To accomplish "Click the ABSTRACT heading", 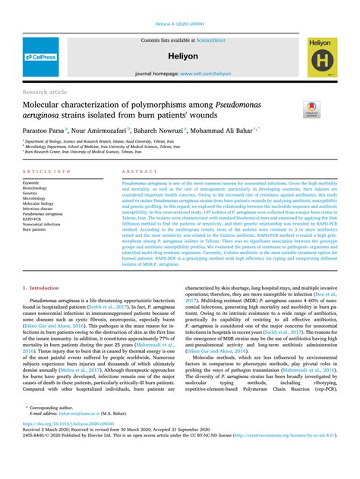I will pos(135,173).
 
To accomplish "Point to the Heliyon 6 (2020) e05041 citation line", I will pos(179,25).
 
